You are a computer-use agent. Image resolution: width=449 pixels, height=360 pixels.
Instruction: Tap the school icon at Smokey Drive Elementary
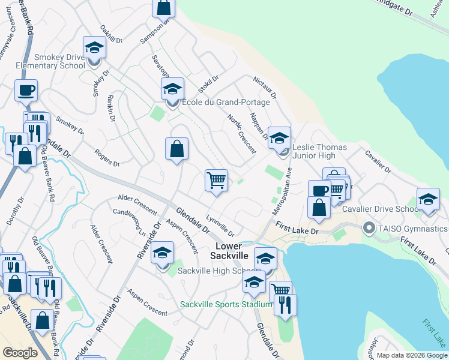pos(94,48)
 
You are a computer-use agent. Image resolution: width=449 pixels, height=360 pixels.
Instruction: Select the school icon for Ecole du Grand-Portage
pos(172,89)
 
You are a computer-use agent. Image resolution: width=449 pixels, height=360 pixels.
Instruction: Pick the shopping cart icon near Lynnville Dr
pos(216,179)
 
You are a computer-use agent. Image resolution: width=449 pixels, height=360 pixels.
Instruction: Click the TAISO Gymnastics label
pos(413,229)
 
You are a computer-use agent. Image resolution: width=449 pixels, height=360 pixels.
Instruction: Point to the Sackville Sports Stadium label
pos(227,304)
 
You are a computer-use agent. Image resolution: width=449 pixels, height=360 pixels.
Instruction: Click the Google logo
pos(20,353)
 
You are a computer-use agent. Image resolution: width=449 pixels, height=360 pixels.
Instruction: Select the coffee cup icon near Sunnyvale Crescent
pos(26,91)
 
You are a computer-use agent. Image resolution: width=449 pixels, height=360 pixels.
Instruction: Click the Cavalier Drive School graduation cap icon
pos(428,199)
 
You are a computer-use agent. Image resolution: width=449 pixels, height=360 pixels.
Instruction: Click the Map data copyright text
pos(411,355)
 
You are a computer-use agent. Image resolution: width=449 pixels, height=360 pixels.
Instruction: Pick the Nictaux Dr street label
pos(265,87)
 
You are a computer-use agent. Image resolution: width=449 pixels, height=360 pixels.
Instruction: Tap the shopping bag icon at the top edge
pos(164,7)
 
